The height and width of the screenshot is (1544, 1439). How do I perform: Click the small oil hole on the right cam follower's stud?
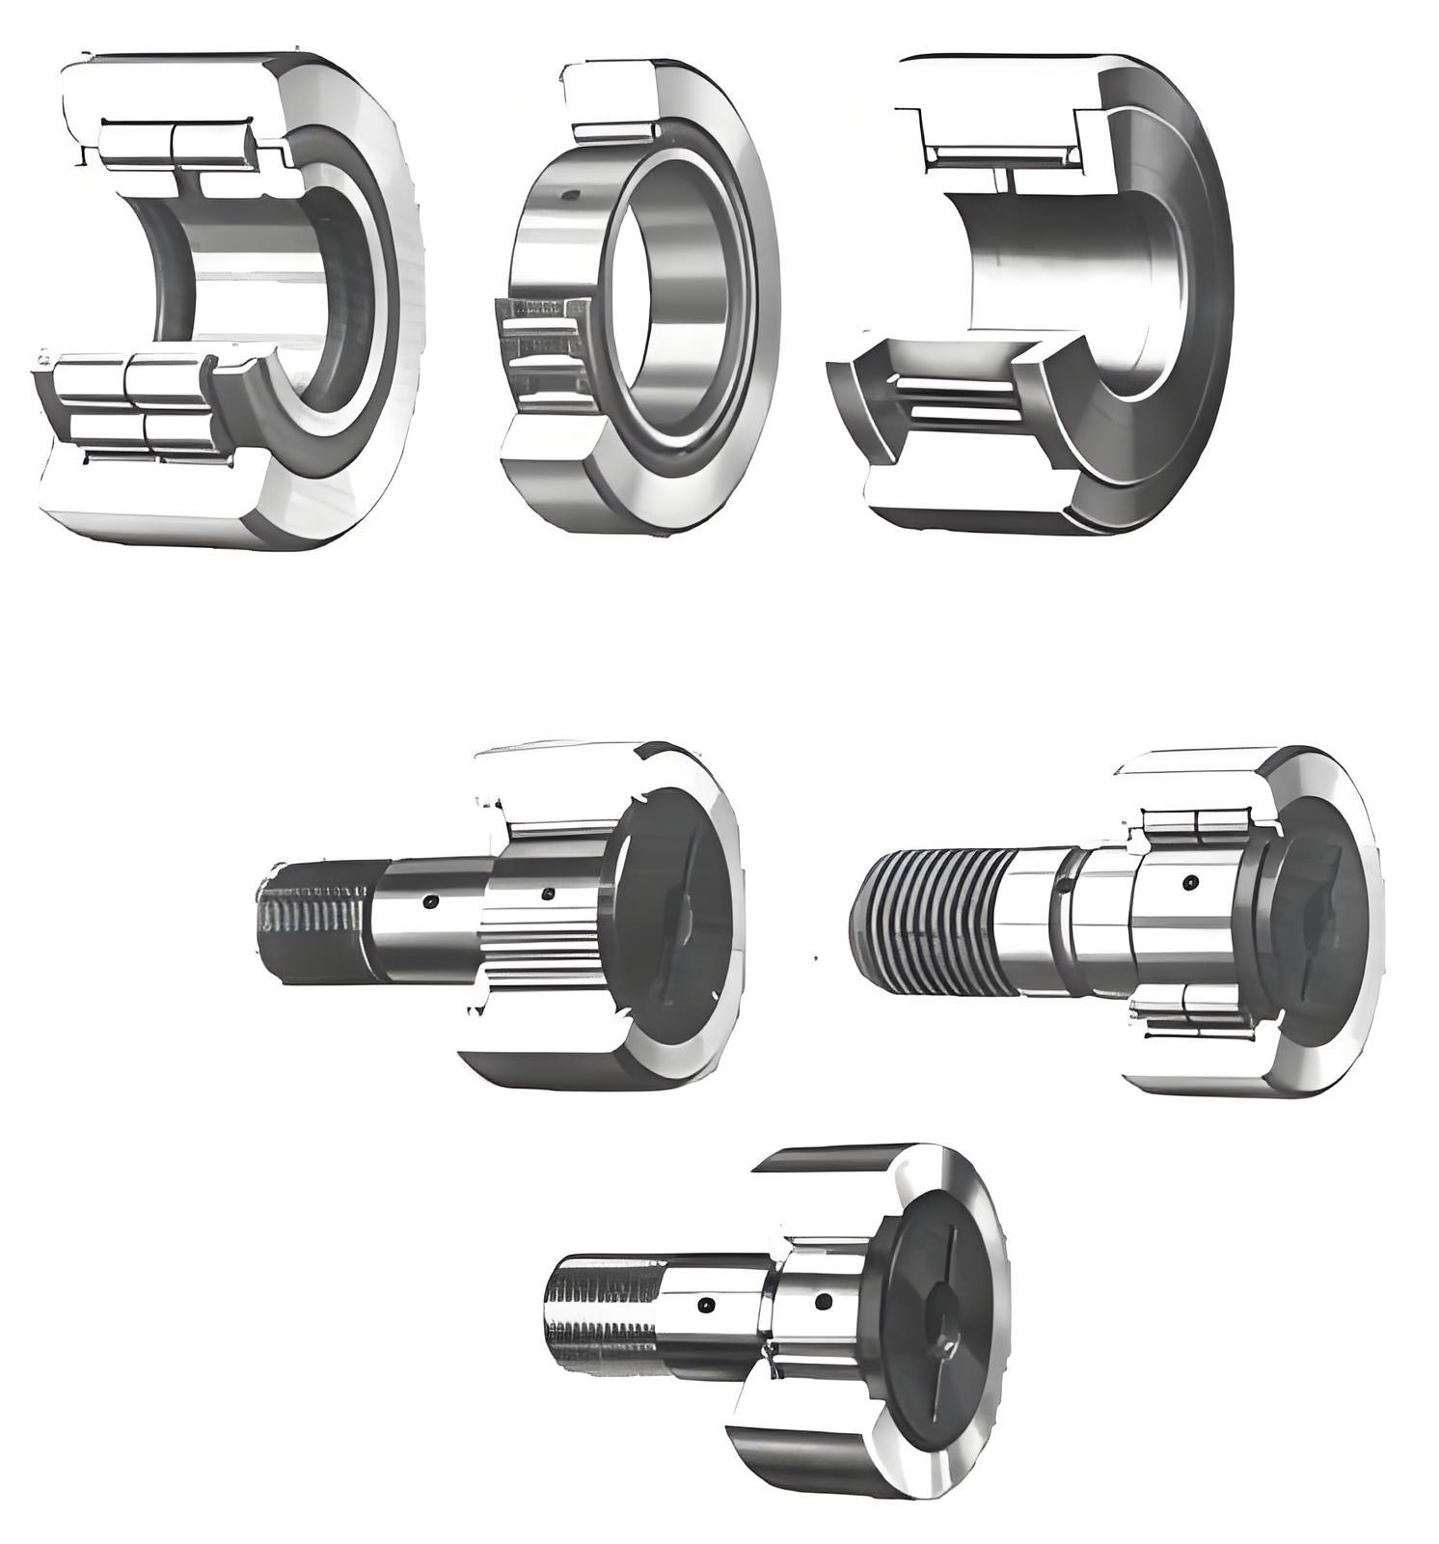coord(1192,881)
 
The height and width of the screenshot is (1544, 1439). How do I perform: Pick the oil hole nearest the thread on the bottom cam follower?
coord(705,1306)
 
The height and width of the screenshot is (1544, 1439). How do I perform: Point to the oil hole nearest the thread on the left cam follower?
coord(430,902)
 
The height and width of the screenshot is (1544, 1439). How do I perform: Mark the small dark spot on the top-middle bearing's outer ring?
coord(570,196)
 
